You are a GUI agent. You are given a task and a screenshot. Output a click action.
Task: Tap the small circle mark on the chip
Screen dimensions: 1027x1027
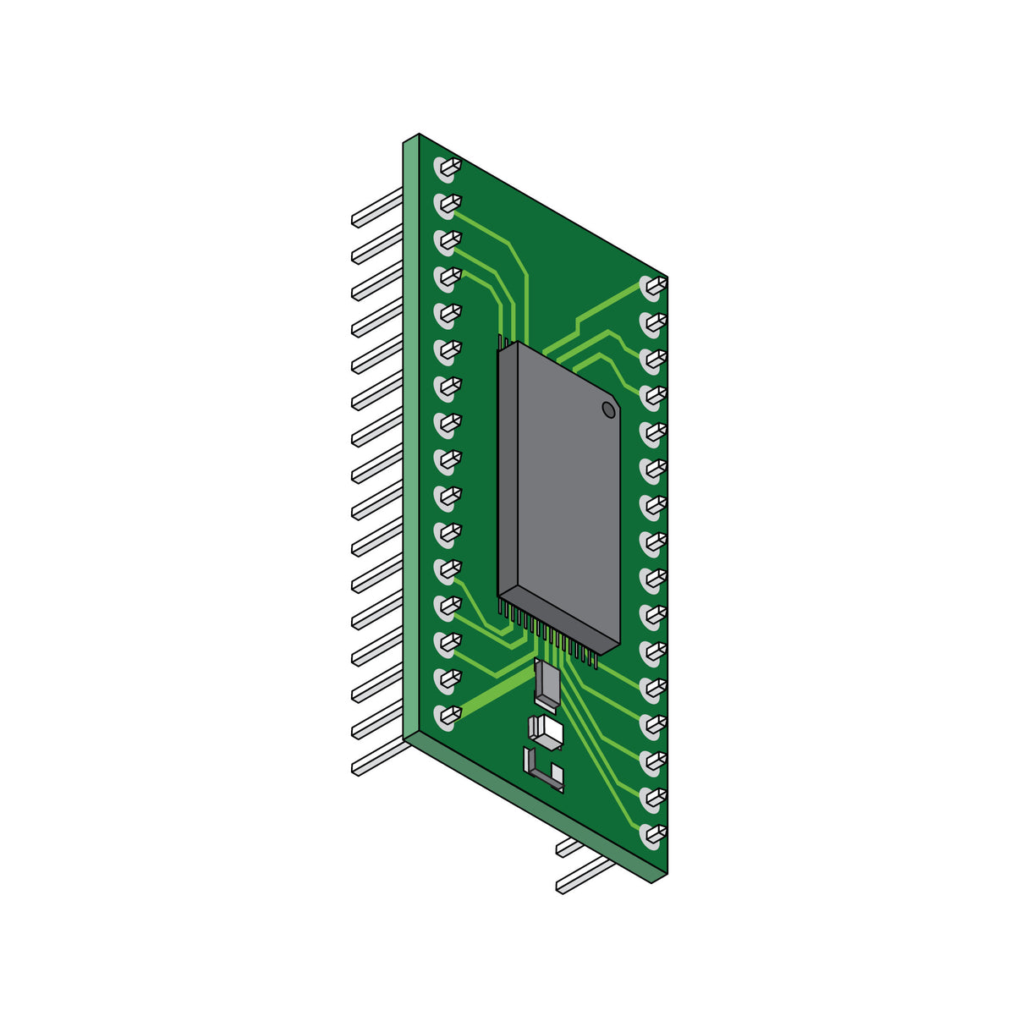tap(608, 410)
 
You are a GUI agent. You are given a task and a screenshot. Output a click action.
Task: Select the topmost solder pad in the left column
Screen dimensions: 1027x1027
tap(447, 168)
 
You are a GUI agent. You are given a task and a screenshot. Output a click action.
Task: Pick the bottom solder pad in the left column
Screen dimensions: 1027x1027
tap(447, 717)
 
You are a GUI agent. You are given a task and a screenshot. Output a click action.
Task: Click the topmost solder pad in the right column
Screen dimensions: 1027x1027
tap(652, 287)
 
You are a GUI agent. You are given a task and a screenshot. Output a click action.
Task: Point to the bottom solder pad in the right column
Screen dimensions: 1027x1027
tap(652, 836)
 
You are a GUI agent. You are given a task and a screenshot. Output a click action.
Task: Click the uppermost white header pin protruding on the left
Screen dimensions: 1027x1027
tap(377, 207)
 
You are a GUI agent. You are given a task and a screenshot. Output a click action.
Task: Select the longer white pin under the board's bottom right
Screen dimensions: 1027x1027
tap(584, 876)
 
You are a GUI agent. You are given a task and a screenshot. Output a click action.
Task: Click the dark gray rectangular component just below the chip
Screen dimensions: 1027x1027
tap(546, 683)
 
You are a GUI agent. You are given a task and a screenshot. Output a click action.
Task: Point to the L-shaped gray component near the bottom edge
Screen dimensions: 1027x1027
tap(541, 771)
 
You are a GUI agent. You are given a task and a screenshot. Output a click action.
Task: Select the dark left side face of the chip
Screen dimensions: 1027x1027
tap(507, 474)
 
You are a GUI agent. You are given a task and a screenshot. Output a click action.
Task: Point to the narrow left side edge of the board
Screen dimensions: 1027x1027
tap(411, 440)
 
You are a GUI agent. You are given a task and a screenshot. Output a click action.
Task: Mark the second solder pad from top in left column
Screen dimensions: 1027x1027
tap(447, 205)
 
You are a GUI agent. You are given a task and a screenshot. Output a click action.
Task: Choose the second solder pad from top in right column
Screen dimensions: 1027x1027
tap(652, 323)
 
